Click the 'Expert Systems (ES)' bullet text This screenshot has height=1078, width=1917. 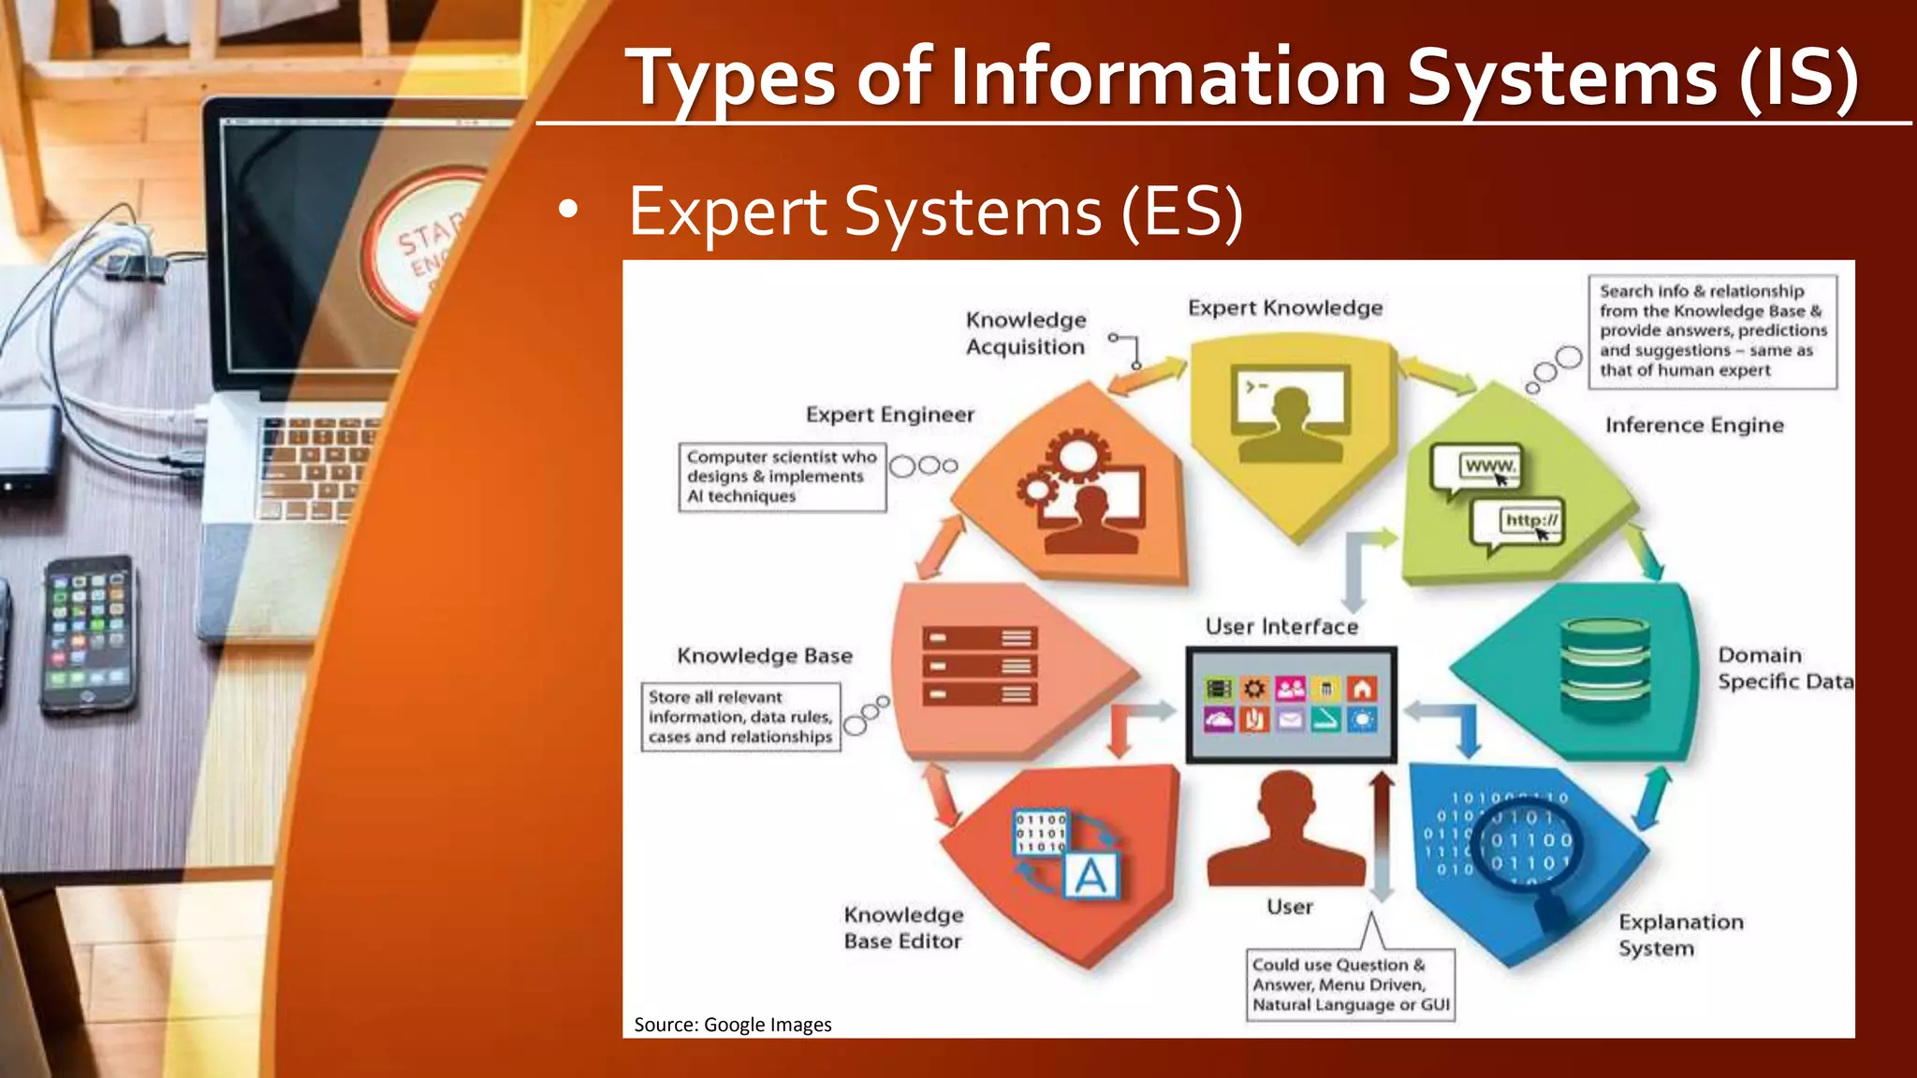(936, 212)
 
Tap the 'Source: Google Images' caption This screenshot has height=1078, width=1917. (732, 1025)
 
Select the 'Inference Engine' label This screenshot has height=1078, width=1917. (1694, 425)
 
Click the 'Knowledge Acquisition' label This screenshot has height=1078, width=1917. (1026, 333)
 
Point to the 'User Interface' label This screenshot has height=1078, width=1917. (1281, 626)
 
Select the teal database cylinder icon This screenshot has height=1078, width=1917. (1605, 668)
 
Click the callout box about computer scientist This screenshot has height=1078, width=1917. (782, 476)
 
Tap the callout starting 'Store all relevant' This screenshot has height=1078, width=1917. (739, 717)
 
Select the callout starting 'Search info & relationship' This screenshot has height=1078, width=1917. (1712, 331)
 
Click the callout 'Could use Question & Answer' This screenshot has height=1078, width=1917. (1350, 984)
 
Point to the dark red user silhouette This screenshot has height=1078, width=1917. (1286, 833)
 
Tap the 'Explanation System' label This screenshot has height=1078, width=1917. (1680, 935)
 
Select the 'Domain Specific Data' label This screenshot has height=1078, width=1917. (1783, 668)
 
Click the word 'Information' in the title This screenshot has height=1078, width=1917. (1167, 78)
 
